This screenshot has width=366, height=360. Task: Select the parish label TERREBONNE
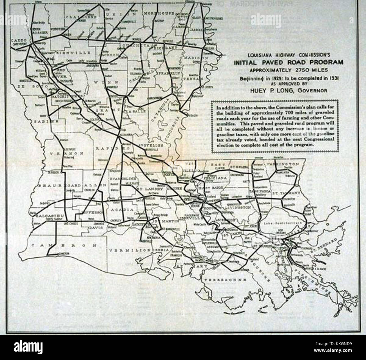pos(225,280)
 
